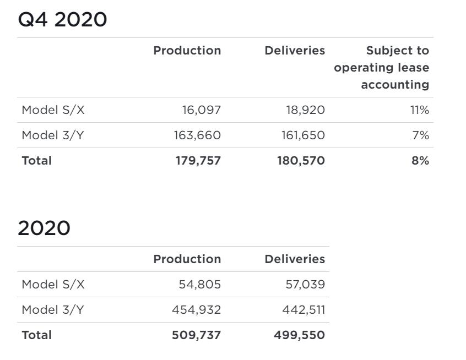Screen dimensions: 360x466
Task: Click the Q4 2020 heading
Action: tap(62, 20)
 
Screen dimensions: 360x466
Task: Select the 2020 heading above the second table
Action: tap(44, 228)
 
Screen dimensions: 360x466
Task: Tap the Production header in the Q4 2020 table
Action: tap(187, 51)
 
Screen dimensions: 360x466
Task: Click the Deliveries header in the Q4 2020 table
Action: tap(295, 51)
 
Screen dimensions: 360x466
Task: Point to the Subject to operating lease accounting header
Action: tap(381, 68)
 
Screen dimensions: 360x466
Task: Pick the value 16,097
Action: tap(201, 110)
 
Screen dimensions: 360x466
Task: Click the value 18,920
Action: tap(305, 110)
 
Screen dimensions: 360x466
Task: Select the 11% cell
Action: tap(419, 110)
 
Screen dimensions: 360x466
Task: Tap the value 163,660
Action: tap(197, 135)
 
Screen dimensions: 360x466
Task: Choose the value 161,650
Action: tap(303, 135)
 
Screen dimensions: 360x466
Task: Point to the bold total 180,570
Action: tap(301, 161)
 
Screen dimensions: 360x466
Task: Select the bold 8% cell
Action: tap(420, 161)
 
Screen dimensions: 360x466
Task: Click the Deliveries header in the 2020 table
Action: tap(295, 259)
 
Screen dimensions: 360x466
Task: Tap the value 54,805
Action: tap(199, 285)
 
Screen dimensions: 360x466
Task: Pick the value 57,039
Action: tap(304, 285)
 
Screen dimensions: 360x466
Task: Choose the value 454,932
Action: tap(196, 310)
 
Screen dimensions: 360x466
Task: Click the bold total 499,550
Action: tap(299, 335)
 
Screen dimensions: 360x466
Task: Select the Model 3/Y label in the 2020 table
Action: tap(53, 310)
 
